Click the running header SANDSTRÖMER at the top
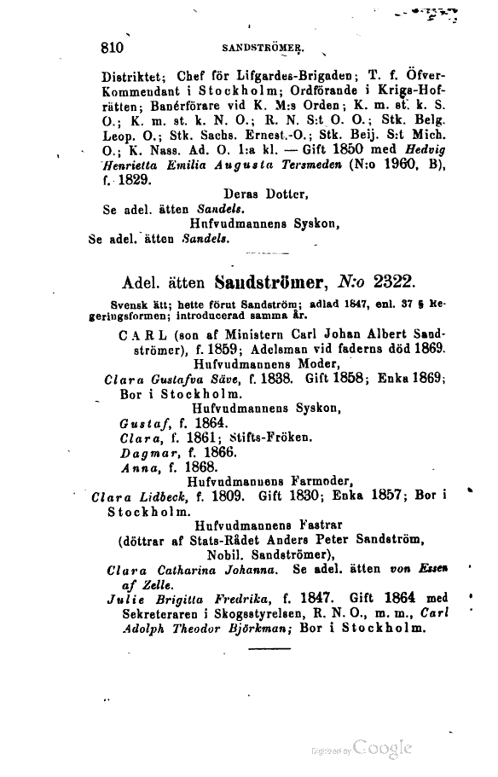tap(263, 49)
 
